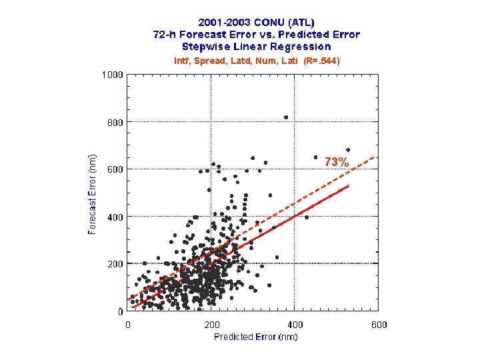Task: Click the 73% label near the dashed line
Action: pos(337,162)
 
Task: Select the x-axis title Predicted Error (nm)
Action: pos(255,337)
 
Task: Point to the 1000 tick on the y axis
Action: pos(112,75)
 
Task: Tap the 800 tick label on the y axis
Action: pos(115,122)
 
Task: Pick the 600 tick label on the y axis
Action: pos(115,169)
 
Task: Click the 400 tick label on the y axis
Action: pos(115,217)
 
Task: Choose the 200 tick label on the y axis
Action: pos(115,264)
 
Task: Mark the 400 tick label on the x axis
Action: pos(295,325)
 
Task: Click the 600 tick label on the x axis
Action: pos(378,325)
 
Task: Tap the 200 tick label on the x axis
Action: pos(211,325)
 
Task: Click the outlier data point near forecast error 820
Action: pos(286,117)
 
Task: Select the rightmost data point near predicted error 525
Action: pos(348,149)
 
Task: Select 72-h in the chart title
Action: pos(165,35)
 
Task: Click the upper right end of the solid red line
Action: pos(348,187)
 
